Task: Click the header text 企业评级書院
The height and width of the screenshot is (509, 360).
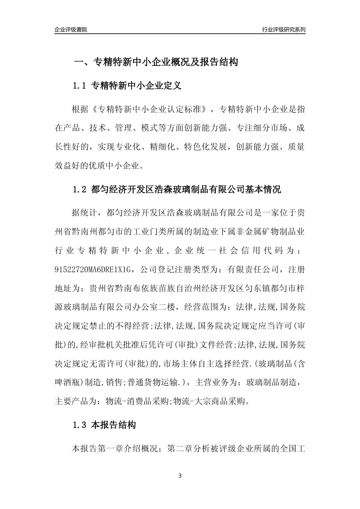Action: pyautogui.click(x=71, y=30)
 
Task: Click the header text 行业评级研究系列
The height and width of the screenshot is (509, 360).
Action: pyautogui.click(x=283, y=30)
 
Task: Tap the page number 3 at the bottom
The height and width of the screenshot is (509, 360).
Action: pyautogui.click(x=180, y=476)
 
